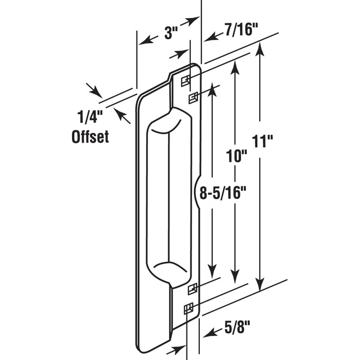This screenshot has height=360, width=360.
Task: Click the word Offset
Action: tap(90, 136)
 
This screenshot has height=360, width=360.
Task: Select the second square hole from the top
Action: tap(193, 97)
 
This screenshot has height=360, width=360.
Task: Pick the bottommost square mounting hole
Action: tap(188, 308)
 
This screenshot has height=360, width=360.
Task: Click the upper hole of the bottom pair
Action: tap(192, 288)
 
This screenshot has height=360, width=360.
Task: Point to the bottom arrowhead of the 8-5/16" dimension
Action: tap(212, 276)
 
